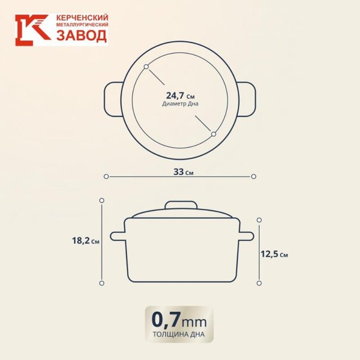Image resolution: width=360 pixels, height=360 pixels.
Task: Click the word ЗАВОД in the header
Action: (82, 36)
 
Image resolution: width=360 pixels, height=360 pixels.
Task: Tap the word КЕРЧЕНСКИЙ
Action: (82, 18)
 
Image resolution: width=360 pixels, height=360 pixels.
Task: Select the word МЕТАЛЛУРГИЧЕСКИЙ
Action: (82, 26)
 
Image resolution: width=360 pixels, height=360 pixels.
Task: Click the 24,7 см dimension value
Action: (180, 95)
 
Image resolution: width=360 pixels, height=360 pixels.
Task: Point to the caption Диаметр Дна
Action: (180, 104)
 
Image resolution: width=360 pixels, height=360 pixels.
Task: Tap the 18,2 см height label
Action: (85, 241)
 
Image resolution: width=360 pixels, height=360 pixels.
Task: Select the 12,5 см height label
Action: (274, 254)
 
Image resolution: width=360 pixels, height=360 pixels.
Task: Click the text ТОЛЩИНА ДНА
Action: (180, 335)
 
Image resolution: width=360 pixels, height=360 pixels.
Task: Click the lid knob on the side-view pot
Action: (181, 206)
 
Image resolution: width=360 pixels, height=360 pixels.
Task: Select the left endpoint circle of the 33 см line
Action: (106, 176)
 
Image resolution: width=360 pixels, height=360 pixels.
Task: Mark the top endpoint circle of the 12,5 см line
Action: (259, 220)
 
